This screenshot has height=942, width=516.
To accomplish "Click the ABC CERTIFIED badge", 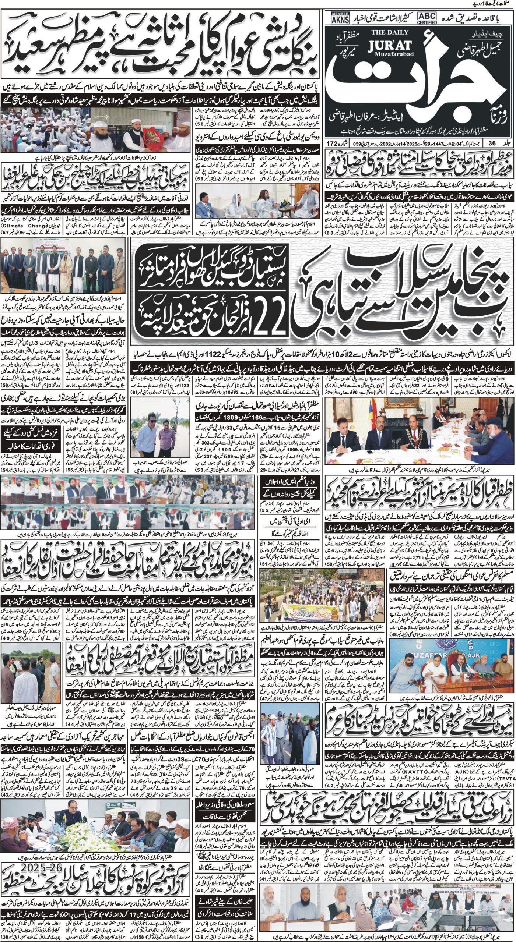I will [x=427, y=18].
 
